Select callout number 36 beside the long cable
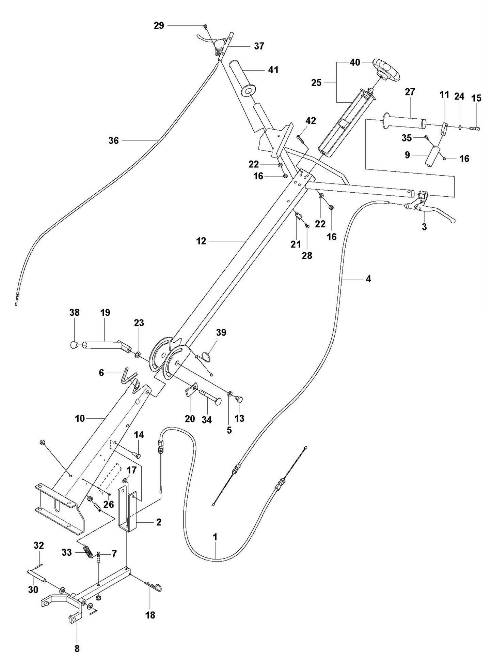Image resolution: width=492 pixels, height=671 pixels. (113, 140)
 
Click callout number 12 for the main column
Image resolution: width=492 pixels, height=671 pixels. (201, 241)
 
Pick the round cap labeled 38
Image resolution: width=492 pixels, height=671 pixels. (74, 345)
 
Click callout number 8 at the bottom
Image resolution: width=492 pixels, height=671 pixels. (77, 649)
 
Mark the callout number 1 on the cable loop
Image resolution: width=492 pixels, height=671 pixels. (215, 537)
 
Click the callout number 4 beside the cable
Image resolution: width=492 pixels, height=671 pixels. (368, 279)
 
